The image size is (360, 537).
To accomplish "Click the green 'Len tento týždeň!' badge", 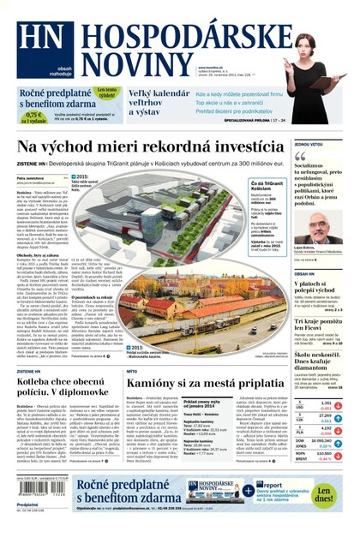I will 106,92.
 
